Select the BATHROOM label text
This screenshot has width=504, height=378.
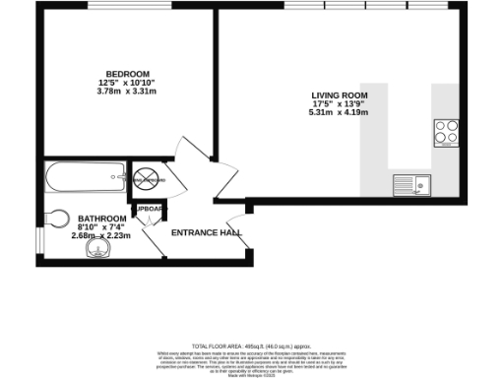pyautogui.click(x=102, y=218)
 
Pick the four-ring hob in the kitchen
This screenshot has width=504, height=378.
pyautogui.click(x=445, y=129)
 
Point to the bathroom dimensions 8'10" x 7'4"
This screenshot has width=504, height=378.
pyautogui.click(x=102, y=226)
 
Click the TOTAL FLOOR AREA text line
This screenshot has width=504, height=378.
pyautogui.click(x=251, y=346)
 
